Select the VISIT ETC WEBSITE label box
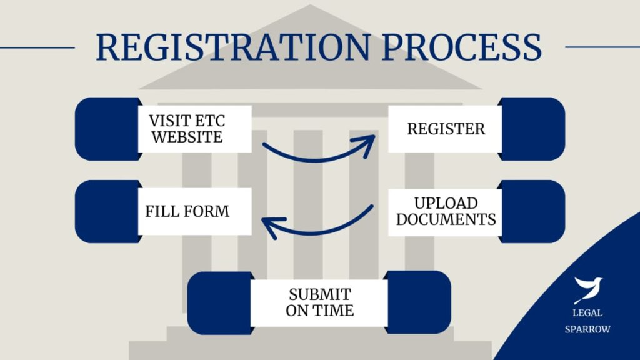pos(194,129)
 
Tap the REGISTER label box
pos(446,129)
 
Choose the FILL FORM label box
pos(194,211)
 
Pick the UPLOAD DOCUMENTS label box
pos(446,211)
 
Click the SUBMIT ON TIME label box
pos(319,302)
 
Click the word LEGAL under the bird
pos(588,313)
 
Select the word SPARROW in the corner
pos(588,329)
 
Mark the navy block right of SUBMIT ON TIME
pos(419,302)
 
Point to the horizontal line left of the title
pos(37,47)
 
